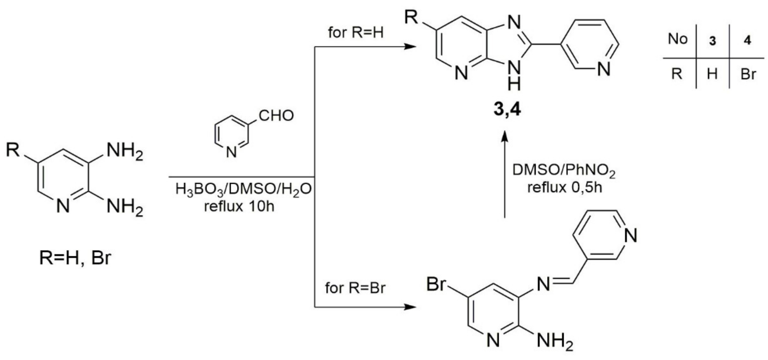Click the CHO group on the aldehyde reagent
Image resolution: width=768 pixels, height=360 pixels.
click(276, 115)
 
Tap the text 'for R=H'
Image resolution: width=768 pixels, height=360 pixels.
click(356, 33)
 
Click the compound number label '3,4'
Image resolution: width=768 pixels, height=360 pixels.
click(507, 109)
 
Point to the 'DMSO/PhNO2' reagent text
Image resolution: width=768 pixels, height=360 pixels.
click(564, 170)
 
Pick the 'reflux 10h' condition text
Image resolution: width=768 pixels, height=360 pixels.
click(239, 207)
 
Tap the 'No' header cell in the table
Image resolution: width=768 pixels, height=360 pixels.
click(678, 39)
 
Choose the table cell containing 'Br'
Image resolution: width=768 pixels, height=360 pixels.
click(748, 74)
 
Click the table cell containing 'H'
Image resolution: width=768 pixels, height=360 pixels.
click(712, 74)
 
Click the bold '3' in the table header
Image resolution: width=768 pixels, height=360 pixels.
click(712, 41)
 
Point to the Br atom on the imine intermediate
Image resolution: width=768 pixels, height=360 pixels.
click(437, 284)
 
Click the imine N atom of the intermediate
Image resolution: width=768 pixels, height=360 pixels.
click(544, 284)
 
